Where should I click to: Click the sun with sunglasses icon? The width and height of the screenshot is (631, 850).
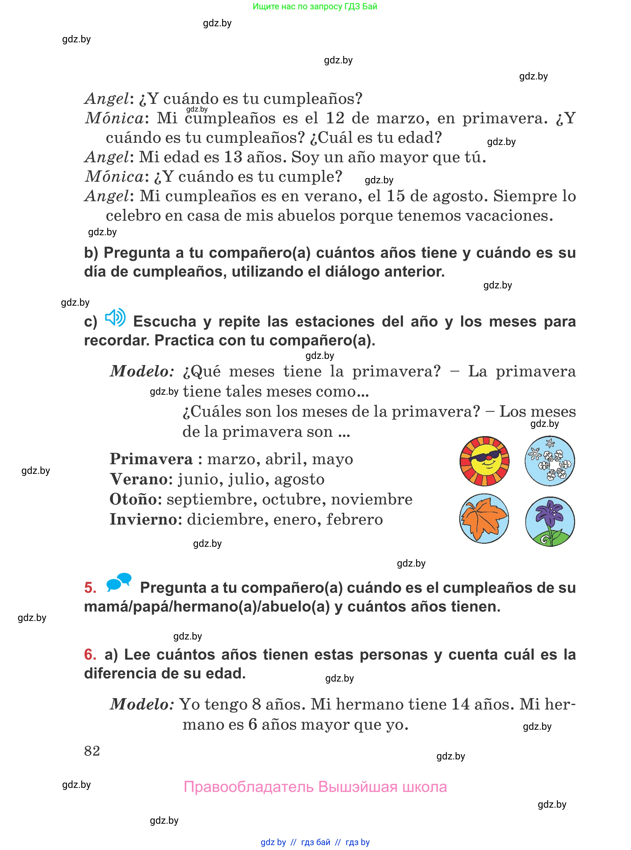coord(484,461)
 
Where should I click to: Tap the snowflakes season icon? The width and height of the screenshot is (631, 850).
coord(550,461)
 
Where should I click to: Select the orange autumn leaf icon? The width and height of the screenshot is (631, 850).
coord(484,519)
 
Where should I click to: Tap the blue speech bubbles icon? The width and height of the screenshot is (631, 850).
coord(119,582)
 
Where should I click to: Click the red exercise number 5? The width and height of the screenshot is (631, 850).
coord(90,588)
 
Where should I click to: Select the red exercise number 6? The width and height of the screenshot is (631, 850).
coord(90,654)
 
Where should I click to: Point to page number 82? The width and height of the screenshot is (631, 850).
coord(92,751)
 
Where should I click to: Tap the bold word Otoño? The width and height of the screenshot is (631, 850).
coord(136,499)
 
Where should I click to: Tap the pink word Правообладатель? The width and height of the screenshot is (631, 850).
coord(248,787)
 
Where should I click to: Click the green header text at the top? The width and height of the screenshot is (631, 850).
coord(315,6)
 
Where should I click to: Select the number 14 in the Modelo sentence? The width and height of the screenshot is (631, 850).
coord(460,704)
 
